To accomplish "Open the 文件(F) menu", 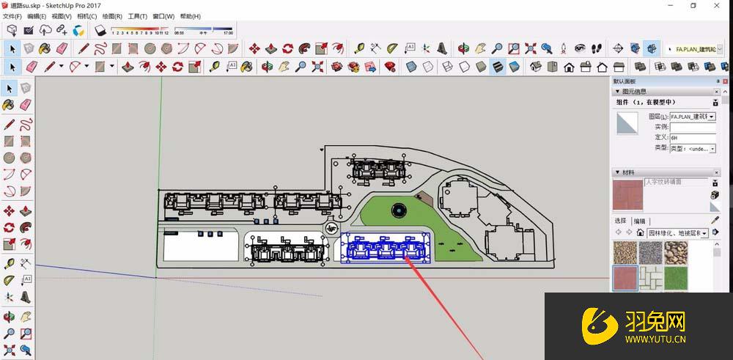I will [x=12, y=16].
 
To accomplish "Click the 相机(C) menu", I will [x=86, y=16].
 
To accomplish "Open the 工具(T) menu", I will [x=137, y=16].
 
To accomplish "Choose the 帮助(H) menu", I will [x=190, y=16].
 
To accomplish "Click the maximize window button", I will [x=693, y=5].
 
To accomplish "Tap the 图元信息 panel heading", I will [x=638, y=92].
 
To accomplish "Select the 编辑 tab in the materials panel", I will [x=640, y=221].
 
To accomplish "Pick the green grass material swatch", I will [x=675, y=277].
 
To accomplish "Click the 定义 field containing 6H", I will [x=692, y=138].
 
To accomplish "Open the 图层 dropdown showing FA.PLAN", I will [x=692, y=117].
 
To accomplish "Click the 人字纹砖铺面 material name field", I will [x=675, y=182].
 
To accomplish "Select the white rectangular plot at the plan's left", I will [x=199, y=246].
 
